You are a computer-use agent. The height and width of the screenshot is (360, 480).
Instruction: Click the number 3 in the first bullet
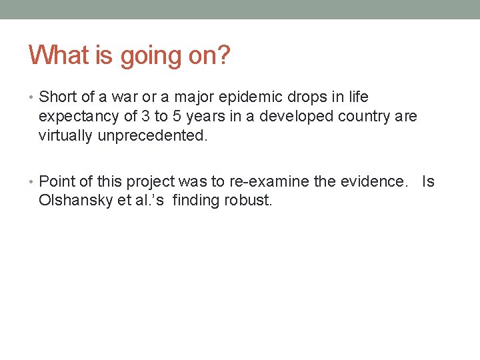point(146,117)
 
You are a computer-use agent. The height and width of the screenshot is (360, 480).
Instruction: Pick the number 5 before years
point(177,117)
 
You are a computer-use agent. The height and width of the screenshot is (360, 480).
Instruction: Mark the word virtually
point(66,136)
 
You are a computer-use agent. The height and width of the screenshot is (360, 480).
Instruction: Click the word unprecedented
point(153,136)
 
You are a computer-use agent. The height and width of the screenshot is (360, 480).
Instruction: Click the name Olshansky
point(75,201)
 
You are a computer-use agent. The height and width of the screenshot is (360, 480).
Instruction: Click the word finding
point(197,201)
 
